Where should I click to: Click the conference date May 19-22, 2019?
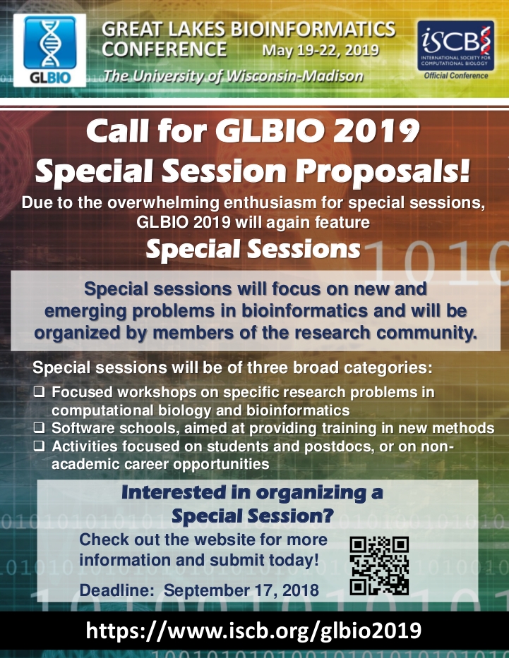pyautogui.click(x=320, y=51)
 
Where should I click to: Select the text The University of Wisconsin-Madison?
pyautogui.click(x=233, y=76)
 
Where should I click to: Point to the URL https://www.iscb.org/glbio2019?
pyautogui.click(x=253, y=630)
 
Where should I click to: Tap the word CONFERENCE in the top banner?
pyautogui.click(x=164, y=50)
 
